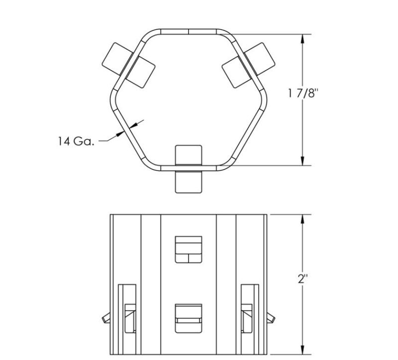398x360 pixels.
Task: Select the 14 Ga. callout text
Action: point(76,141)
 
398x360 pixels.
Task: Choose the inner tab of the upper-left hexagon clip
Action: point(139,70)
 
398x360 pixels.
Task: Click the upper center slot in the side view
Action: point(189,249)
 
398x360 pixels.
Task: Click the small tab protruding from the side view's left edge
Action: point(106,317)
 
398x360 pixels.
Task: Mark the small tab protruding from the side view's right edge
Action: point(271,317)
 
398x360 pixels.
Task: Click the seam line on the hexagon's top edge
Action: point(189,31)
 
